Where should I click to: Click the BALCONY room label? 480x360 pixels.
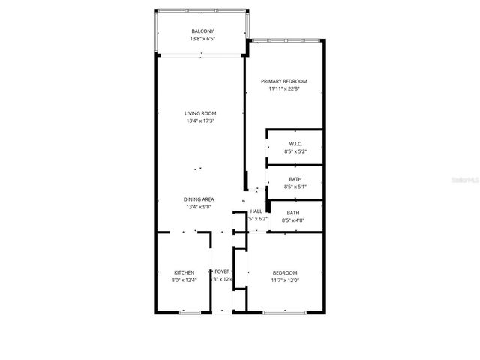202,31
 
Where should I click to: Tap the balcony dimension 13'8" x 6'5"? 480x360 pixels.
202,38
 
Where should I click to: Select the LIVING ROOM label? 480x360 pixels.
200,113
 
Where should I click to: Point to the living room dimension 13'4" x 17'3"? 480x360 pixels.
200,121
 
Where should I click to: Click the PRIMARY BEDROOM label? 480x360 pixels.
284,81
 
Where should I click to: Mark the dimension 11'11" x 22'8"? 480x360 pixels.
284,88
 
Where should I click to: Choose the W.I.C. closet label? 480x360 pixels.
295,144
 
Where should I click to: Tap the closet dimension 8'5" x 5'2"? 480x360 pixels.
295,151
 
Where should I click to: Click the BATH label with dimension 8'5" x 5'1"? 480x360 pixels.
295,179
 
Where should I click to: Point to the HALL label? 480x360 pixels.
256,212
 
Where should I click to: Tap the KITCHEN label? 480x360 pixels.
184,272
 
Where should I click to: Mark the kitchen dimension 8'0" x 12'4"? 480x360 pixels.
184,280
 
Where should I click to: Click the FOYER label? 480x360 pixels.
222,272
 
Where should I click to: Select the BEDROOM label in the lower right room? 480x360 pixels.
285,272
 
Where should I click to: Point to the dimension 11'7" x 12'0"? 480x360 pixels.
285,280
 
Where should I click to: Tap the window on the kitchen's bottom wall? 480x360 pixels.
189,310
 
